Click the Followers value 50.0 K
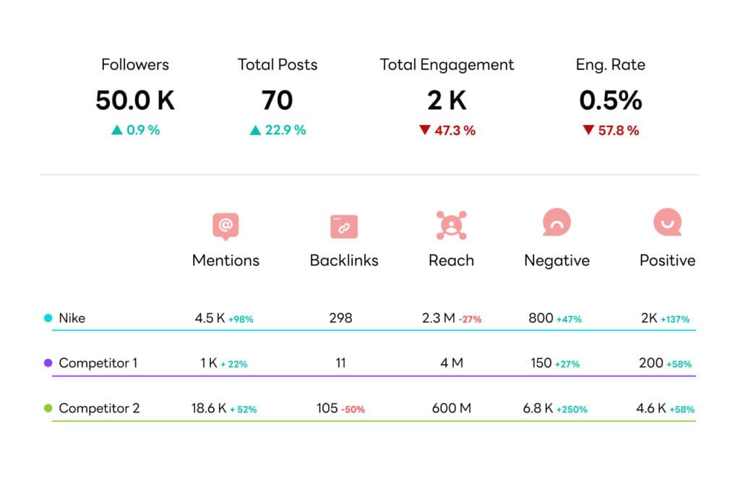(135, 100)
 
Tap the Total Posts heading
(277, 65)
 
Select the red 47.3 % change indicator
(447, 131)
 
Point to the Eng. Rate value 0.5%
(611, 100)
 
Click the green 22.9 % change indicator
(277, 131)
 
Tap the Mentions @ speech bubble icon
(225, 226)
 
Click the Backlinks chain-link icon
(344, 226)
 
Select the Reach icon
(451, 225)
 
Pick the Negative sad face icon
(556, 223)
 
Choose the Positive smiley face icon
(667, 223)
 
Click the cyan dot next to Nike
(48, 318)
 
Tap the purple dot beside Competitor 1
(48, 363)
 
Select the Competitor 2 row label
(99, 409)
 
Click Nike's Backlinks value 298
(340, 318)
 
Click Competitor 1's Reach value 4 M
(452, 363)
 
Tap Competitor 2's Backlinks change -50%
(353, 409)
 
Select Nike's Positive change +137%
(675, 319)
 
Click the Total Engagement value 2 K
(447, 100)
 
